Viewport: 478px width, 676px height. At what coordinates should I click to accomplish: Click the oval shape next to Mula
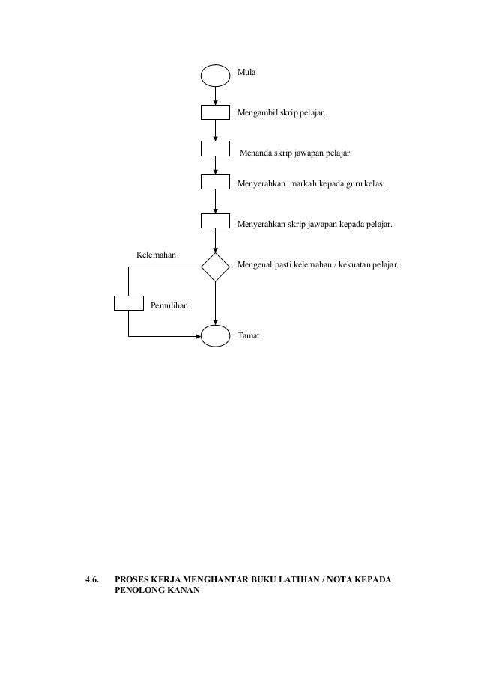click(215, 74)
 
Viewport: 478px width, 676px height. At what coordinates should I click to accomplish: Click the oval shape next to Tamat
click(215, 336)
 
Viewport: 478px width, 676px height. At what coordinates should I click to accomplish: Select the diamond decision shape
click(215, 267)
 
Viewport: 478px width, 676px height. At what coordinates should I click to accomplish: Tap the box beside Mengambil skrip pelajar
click(215, 112)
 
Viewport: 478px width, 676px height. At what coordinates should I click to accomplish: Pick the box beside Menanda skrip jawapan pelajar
click(215, 147)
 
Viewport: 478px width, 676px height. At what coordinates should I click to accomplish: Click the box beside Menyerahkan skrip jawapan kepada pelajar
click(215, 220)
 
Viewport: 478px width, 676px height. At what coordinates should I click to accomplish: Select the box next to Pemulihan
click(128, 302)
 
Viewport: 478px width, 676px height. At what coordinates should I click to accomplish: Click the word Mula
click(246, 73)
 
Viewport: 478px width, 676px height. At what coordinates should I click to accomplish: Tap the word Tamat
click(248, 336)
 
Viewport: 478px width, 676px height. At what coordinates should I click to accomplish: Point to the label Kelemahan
click(156, 255)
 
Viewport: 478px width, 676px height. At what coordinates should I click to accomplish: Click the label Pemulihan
click(169, 306)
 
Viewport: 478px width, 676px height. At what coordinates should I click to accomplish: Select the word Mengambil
click(257, 113)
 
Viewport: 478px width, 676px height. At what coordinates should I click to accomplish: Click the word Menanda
click(255, 154)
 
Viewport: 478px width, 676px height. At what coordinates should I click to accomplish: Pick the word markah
click(303, 183)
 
